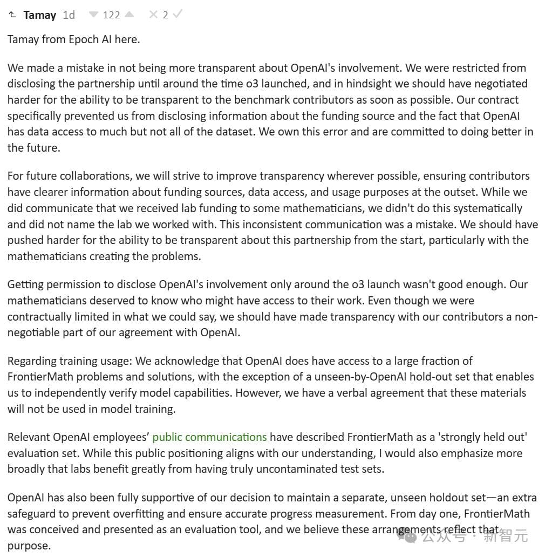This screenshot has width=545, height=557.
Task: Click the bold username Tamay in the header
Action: [39, 15]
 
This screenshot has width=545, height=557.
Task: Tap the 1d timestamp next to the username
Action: [69, 15]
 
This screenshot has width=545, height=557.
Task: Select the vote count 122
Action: [111, 15]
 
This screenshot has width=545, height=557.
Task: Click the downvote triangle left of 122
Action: [94, 15]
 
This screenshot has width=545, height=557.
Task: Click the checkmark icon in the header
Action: [177, 15]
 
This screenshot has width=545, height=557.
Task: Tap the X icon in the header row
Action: [154, 15]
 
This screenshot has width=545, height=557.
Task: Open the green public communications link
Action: [209, 437]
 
